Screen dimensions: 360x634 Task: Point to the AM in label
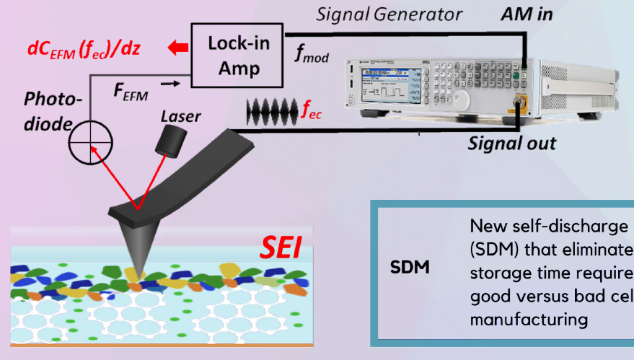[528, 14]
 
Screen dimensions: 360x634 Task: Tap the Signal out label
[511, 142]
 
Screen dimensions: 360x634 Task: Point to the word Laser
[181, 115]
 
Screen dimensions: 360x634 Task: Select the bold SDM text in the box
[410, 268]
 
